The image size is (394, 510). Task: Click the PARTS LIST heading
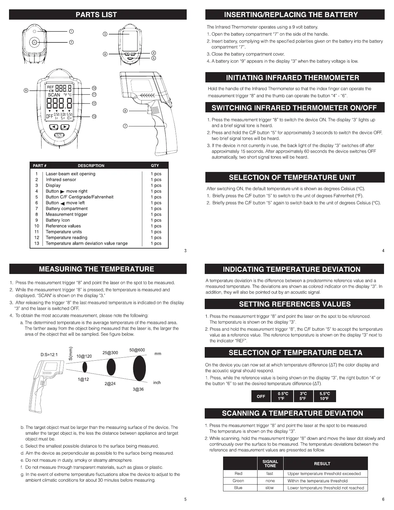tap(96, 14)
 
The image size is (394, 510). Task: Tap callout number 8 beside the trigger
tap(125, 111)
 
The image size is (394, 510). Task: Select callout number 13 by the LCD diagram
tap(94, 117)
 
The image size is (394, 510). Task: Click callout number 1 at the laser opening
tap(71, 31)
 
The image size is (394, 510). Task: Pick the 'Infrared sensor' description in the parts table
tap(61, 180)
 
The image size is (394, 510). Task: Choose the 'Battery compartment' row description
tap(67, 209)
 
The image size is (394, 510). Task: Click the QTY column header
tap(155, 165)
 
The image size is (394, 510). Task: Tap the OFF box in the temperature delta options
tap(261, 396)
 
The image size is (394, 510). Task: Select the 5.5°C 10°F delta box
tap(324, 396)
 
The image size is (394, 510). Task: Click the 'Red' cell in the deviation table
tap(239, 474)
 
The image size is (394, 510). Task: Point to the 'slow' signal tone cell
tap(270, 488)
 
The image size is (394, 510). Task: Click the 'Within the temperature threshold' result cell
tap(317, 481)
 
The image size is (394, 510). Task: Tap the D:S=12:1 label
tap(49, 355)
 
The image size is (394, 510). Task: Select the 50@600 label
tap(137, 350)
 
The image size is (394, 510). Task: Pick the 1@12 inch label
tap(83, 379)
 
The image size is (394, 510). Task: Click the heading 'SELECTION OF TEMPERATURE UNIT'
tap(292, 177)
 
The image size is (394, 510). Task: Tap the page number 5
tap(185, 499)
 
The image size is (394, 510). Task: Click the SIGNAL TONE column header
tap(270, 464)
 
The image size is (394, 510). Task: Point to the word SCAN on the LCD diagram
tap(54, 95)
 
